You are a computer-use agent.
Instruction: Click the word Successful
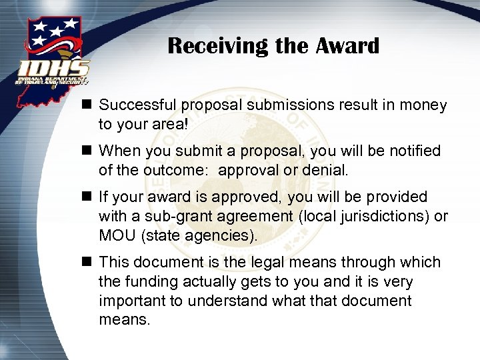(139, 105)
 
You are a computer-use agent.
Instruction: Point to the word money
(425, 105)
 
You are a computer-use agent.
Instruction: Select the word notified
(416, 151)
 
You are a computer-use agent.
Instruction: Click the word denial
(326, 171)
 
